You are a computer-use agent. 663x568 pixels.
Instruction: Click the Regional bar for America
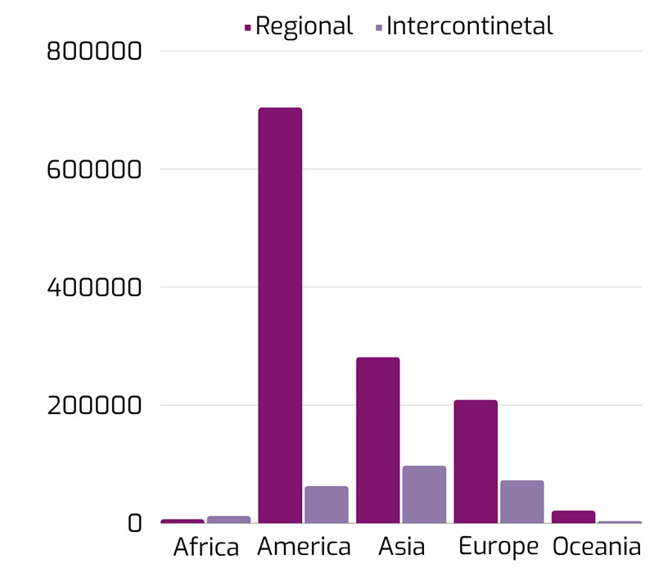pyautogui.click(x=280, y=315)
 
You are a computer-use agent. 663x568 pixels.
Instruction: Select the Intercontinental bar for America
pyautogui.click(x=327, y=504)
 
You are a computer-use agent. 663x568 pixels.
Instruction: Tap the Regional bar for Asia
pyautogui.click(x=377, y=440)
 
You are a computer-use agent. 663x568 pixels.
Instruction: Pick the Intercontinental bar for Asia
pyautogui.click(x=424, y=494)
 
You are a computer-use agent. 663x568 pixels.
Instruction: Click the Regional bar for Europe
pyautogui.click(x=476, y=461)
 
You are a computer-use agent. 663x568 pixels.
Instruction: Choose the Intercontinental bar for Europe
pyautogui.click(x=522, y=501)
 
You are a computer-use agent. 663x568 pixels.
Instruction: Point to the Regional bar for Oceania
pyautogui.click(x=573, y=516)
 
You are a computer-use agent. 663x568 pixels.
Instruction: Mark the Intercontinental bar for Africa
pyautogui.click(x=228, y=519)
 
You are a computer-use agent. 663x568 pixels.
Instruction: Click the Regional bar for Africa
pyautogui.click(x=183, y=521)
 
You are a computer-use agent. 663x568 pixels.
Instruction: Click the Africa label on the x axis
pyautogui.click(x=206, y=547)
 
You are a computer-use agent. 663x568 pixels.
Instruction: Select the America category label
pyautogui.click(x=304, y=547)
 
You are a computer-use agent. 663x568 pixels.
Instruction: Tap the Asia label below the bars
pyautogui.click(x=401, y=547)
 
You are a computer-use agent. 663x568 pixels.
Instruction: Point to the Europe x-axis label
pyautogui.click(x=498, y=547)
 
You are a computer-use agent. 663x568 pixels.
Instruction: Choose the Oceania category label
pyautogui.click(x=597, y=547)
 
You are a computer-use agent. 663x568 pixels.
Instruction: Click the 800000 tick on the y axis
pyautogui.click(x=95, y=52)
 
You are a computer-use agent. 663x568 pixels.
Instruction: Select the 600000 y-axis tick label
pyautogui.click(x=95, y=169)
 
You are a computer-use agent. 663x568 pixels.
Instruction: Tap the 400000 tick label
pyautogui.click(x=95, y=287)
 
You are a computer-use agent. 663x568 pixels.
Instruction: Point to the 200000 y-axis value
pyautogui.click(x=95, y=405)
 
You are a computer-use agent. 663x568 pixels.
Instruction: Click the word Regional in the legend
pyautogui.click(x=304, y=25)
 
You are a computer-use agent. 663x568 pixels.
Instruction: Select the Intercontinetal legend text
pyautogui.click(x=470, y=25)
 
